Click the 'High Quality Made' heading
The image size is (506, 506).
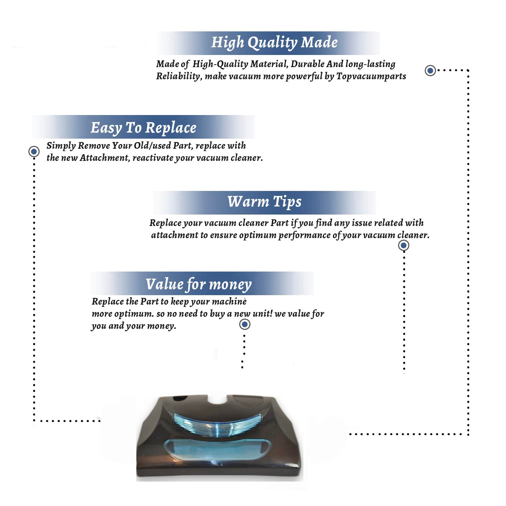tap(274, 43)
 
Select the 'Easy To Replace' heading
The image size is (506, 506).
tap(143, 128)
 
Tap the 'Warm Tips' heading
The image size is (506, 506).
tap(264, 202)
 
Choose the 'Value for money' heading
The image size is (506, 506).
tap(199, 284)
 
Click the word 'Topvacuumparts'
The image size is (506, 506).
tap(371, 77)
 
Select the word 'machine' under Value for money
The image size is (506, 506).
tap(230, 301)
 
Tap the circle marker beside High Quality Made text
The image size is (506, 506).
tap(430, 71)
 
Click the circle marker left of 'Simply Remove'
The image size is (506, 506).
tap(34, 151)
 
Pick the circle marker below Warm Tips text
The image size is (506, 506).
tap(403, 245)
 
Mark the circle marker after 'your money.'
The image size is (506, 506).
tap(245, 325)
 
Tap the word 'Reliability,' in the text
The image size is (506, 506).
tap(179, 77)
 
